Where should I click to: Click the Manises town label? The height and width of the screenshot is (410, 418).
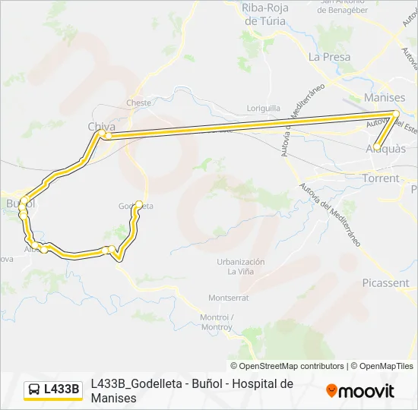pos(385,98)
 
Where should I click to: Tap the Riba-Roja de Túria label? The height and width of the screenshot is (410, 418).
pos(264,14)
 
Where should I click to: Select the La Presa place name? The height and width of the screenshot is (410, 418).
pos(330,57)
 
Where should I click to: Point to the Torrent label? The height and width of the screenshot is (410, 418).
pos(381,178)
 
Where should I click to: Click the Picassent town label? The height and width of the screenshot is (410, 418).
pos(385,282)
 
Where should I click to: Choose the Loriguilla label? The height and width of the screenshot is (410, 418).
pos(264,109)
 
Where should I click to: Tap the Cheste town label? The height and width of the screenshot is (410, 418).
pos(139,102)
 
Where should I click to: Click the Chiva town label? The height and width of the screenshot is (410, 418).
pos(101,128)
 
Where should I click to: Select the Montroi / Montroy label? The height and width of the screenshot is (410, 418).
pos(216,321)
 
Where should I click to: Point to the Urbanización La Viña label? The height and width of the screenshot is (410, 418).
pos(240,266)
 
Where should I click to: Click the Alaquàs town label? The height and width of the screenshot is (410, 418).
pos(385,149)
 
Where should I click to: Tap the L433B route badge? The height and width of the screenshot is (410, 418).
pos(53,389)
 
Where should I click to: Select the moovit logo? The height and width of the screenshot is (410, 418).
pos(360,391)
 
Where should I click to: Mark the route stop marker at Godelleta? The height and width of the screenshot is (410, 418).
pos(139,203)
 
